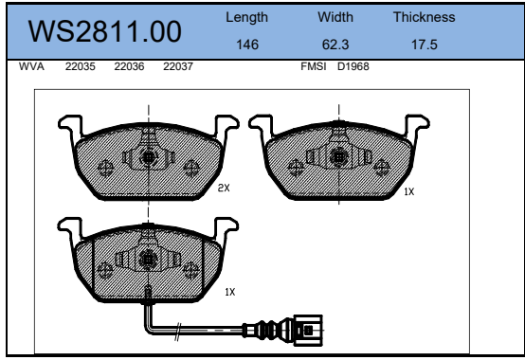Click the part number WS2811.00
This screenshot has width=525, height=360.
point(105,31)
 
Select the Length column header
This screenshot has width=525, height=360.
point(246,17)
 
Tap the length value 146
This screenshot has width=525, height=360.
point(247,45)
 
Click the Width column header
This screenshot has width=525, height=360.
point(335,17)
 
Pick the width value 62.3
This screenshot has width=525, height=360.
point(335,45)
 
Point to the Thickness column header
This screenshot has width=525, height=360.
point(425,17)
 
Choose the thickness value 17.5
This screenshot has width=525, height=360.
point(425,45)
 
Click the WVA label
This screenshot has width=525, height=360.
point(31,66)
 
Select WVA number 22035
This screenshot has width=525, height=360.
point(80,66)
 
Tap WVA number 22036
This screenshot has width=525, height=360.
point(129,66)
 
